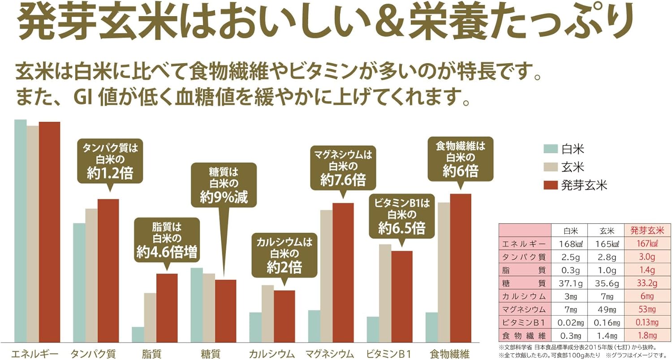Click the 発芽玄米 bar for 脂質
point(167,308)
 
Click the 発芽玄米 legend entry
point(583,186)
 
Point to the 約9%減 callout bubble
point(224,184)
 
